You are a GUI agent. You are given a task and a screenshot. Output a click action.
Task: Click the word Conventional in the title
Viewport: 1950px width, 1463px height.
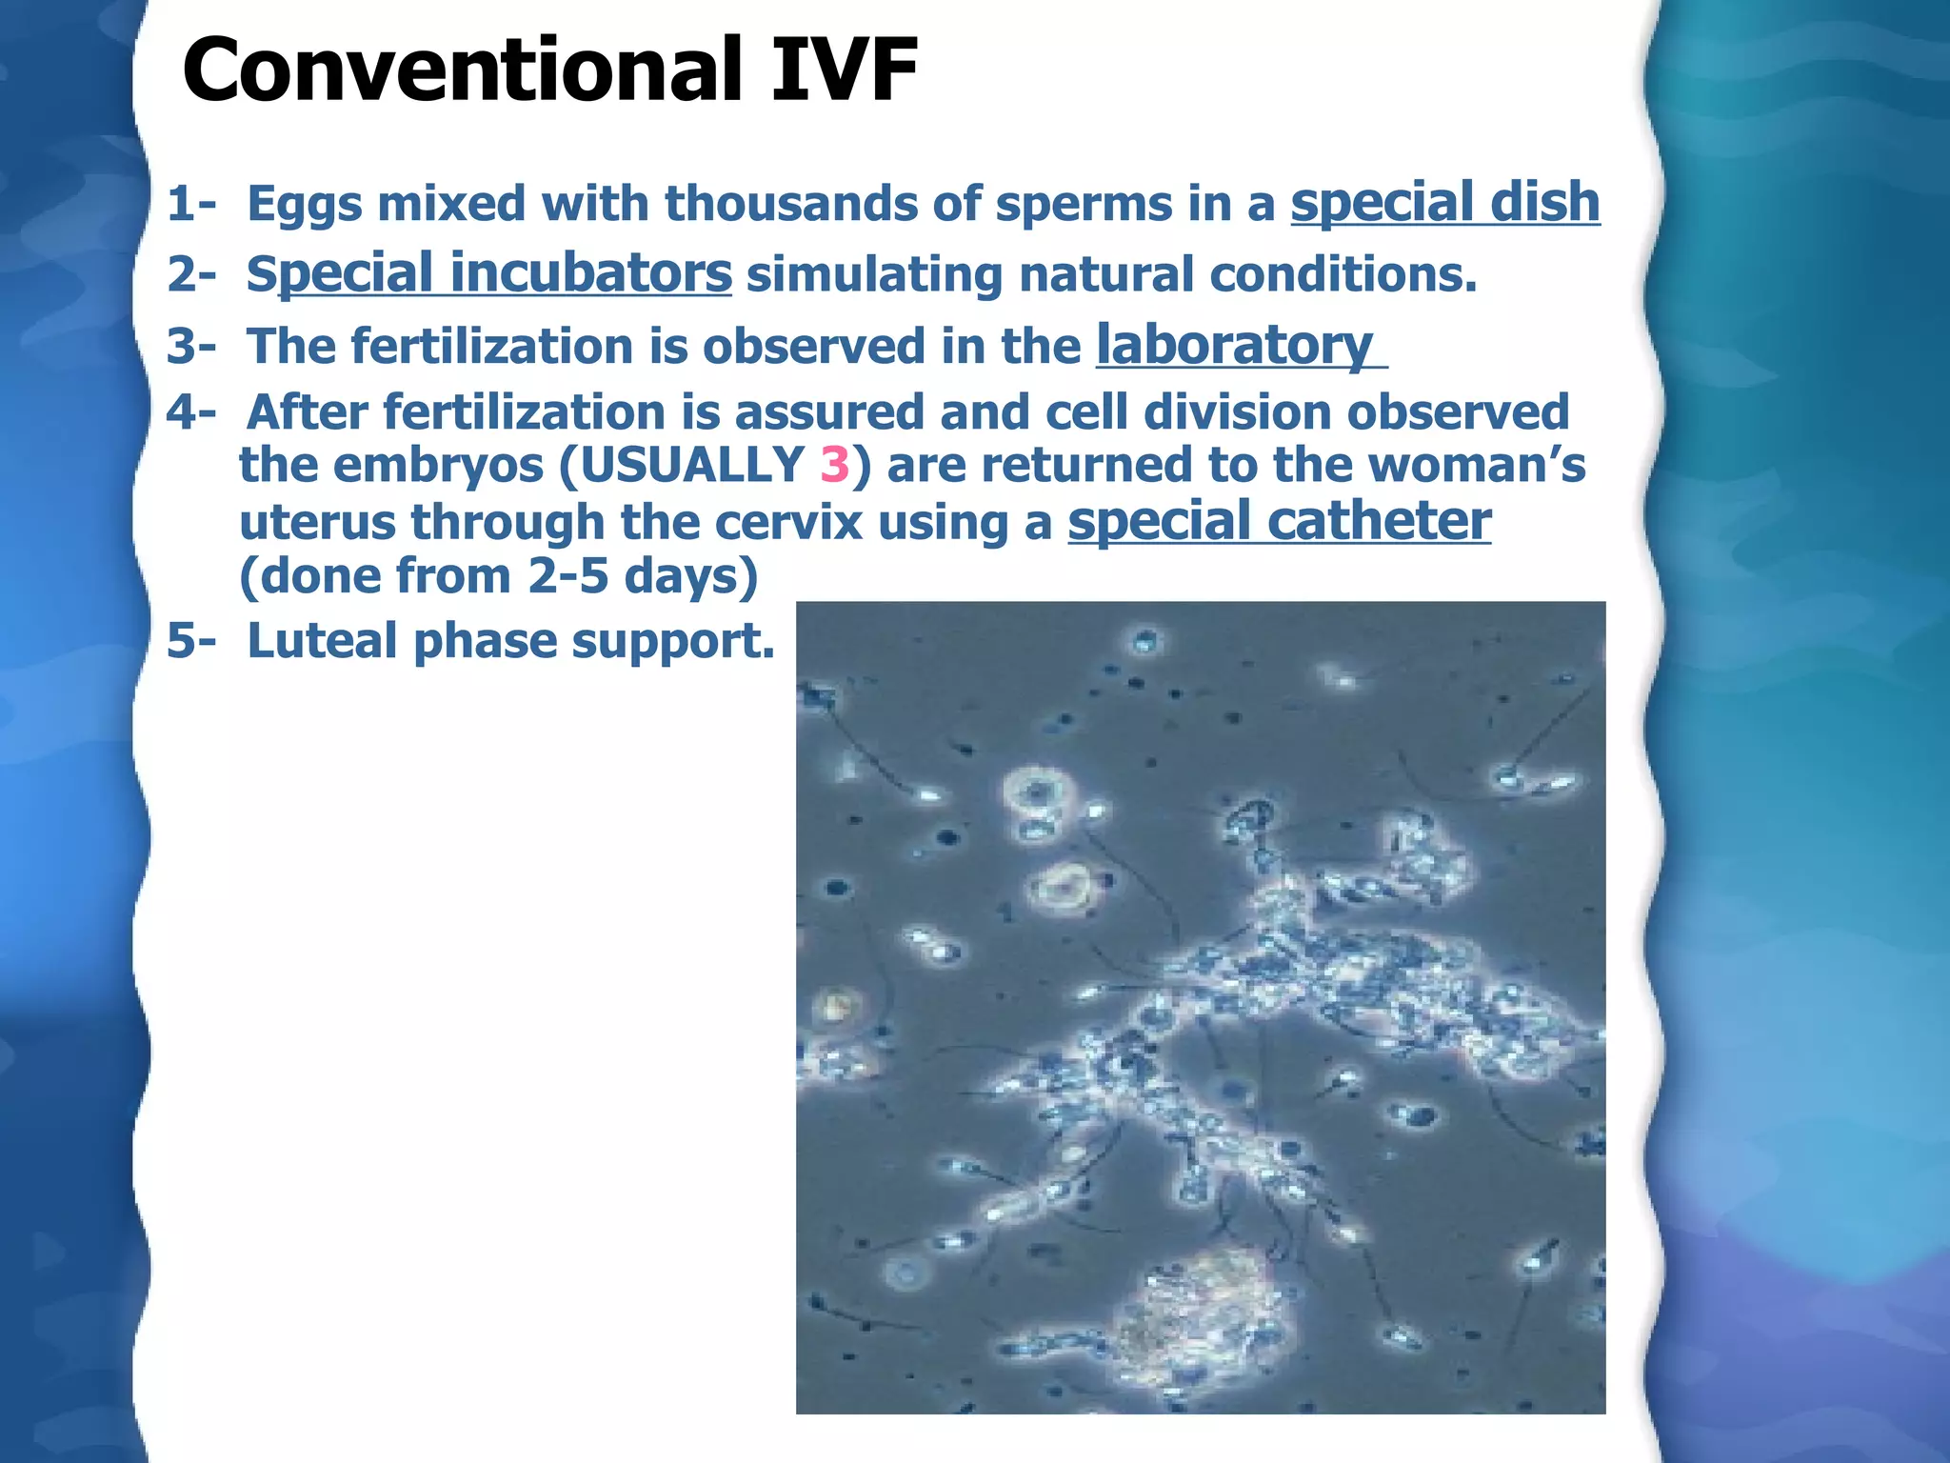[462, 71]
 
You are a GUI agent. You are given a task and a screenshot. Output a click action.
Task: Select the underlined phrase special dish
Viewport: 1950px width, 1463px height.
[1444, 203]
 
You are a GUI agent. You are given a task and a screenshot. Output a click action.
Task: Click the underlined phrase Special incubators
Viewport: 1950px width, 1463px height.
[489, 274]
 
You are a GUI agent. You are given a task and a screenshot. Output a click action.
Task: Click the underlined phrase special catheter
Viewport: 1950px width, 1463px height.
[1279, 522]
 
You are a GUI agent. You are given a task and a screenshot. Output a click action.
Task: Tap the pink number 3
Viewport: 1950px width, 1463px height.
[834, 466]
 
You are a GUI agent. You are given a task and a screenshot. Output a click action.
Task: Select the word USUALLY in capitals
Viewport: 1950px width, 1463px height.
[693, 466]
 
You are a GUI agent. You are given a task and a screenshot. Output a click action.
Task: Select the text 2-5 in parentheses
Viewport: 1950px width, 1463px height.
[567, 576]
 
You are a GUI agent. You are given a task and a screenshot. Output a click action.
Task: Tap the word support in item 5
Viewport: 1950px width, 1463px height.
[672, 642]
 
